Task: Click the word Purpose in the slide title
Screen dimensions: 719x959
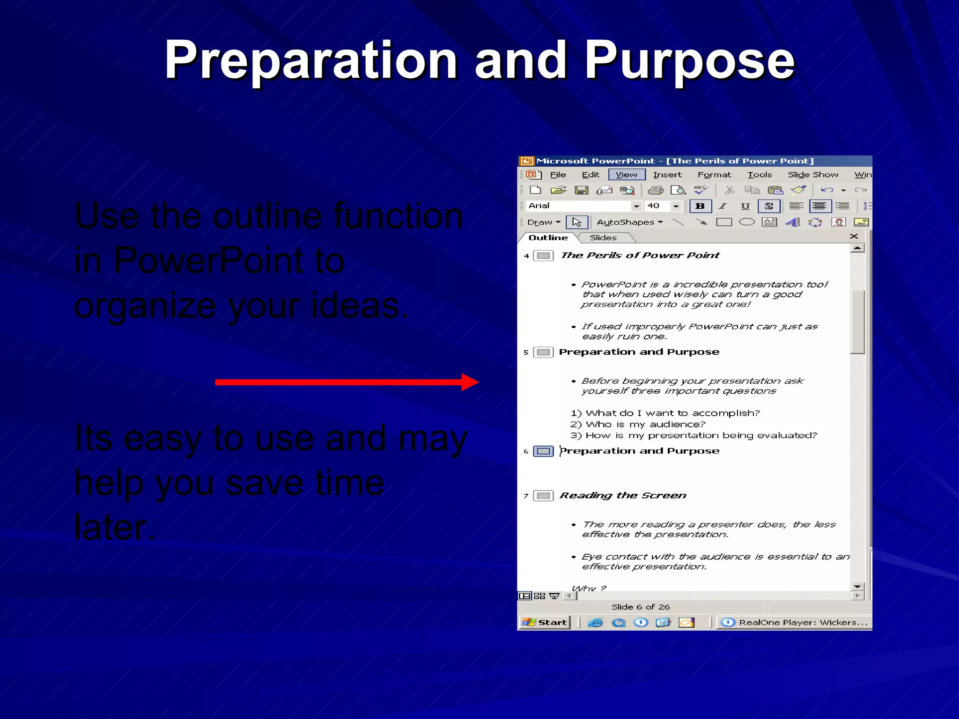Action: (690, 61)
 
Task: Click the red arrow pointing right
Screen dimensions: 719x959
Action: (347, 382)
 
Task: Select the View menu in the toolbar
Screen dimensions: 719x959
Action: (627, 175)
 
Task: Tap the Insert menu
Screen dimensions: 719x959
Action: (667, 175)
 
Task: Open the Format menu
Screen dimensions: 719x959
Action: (714, 175)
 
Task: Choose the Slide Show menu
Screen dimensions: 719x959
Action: (813, 175)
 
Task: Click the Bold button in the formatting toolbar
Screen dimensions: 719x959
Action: (700, 206)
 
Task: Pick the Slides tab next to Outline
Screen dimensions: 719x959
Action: (603, 238)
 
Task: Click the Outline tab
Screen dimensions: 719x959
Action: (548, 238)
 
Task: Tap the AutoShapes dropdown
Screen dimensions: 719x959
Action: (629, 222)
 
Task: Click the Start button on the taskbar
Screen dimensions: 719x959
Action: (545, 622)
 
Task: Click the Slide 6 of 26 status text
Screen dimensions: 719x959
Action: (641, 607)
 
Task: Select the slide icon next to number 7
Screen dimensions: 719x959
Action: (544, 496)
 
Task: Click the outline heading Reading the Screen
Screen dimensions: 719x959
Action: (623, 496)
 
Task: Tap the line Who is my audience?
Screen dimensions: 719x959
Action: (645, 425)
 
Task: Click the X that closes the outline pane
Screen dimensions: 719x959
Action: (854, 236)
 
